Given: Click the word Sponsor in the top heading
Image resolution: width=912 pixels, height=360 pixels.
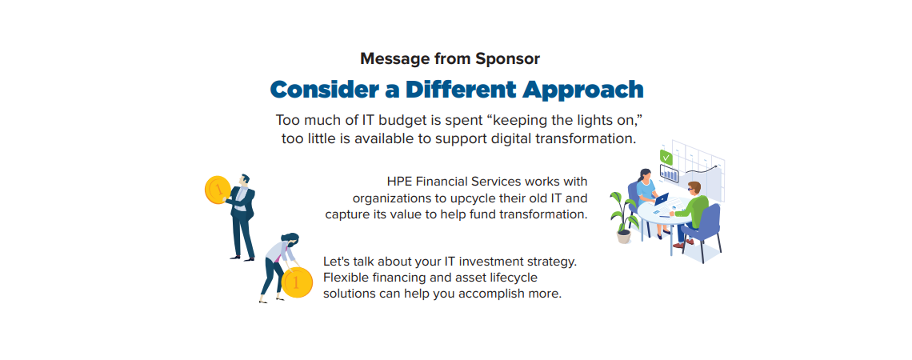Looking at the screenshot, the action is coord(508,58).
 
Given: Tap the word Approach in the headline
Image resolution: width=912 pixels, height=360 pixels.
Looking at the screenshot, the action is coord(582,90).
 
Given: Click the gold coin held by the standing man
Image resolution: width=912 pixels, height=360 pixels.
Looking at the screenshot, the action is coord(218,190).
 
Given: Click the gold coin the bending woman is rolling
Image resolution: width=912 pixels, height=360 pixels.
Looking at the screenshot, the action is coord(297,283).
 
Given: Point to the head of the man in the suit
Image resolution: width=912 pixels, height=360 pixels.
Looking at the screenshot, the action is coord(246,180).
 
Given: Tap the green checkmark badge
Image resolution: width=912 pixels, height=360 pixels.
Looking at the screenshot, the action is coord(666,157).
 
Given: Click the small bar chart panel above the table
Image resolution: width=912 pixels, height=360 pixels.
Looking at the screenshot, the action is coord(669,174).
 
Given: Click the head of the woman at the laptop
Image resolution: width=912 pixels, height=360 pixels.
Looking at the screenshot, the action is coord(645,174).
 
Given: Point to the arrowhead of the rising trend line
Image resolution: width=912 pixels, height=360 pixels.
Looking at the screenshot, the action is coord(716,166).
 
